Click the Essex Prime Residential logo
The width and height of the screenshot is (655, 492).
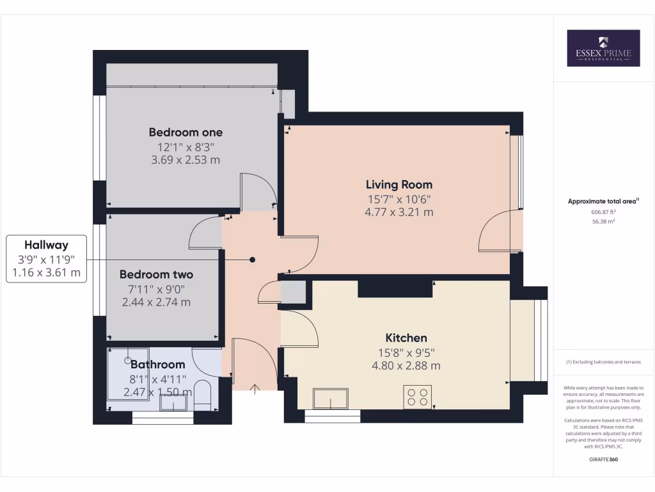[x=603, y=48]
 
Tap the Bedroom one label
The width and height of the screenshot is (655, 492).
[x=185, y=133]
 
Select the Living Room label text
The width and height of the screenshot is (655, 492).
[x=399, y=185]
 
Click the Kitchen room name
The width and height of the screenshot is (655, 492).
[x=406, y=338]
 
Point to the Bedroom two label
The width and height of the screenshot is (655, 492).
[x=156, y=275]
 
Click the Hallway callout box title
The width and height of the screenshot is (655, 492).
[x=46, y=245]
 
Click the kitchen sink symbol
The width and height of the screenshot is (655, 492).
[x=331, y=398]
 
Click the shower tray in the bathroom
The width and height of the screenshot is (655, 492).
[x=128, y=373]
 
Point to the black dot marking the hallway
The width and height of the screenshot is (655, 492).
[x=253, y=259]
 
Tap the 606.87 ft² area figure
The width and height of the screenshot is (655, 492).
[x=604, y=211]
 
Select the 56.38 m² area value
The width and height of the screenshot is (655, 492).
[x=604, y=221]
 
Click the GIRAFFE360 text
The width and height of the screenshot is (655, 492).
[x=603, y=459]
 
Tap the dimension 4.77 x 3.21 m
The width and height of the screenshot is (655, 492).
[x=399, y=212]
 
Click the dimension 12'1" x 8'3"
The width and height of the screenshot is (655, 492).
[x=185, y=147]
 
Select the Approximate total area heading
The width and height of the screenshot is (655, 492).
[x=603, y=201]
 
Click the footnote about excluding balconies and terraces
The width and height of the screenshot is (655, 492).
[x=603, y=362]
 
